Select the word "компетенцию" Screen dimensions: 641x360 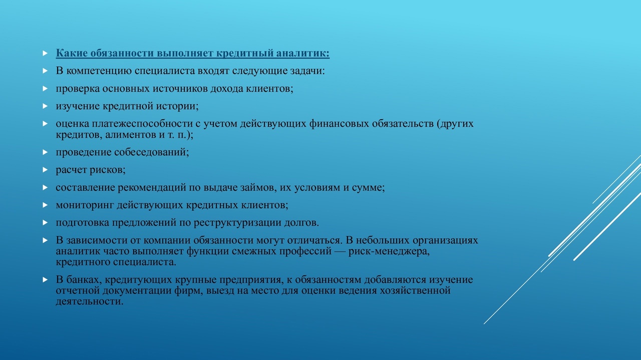pos(99,71)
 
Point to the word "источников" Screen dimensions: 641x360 pos(180,89)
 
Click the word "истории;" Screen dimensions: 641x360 pos(177,106)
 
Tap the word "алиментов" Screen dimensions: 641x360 pos(131,135)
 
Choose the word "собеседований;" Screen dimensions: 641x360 pos(152,152)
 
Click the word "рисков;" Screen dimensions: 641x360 pos(108,170)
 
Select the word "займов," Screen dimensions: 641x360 pos(258,187)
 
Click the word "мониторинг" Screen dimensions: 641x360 pos(85,205)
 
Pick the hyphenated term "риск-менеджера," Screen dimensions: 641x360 pos(389,251)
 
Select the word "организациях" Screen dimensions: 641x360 pos(445,240)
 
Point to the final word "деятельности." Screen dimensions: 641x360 pos(90,301)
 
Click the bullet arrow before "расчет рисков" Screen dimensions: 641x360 pos(45,170)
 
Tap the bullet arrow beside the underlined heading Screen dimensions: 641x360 pos(45,53)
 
